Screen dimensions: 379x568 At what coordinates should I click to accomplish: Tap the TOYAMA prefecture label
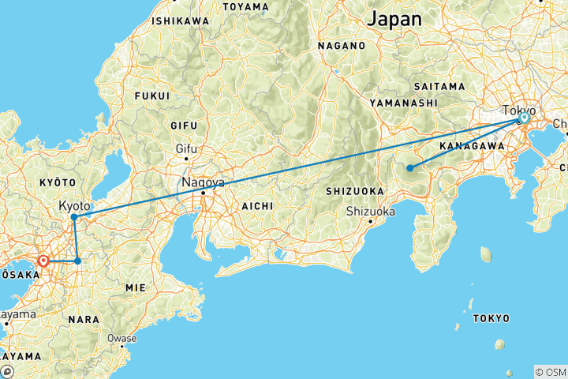tap(245, 6)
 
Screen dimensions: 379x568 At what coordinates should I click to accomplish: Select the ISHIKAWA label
tap(181, 21)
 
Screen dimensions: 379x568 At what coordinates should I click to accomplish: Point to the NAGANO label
tap(342, 46)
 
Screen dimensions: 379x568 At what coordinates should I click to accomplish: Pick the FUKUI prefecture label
tap(152, 96)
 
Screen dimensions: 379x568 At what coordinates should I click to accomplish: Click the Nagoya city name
tap(204, 182)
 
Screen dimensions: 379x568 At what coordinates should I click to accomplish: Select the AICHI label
tap(258, 205)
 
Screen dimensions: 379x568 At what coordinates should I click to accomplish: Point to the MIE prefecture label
tap(136, 288)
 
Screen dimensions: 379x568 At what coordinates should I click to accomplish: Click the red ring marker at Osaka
tap(43, 261)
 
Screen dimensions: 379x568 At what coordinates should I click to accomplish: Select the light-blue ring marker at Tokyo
tap(523, 118)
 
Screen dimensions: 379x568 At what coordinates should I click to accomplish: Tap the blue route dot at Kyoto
tap(73, 216)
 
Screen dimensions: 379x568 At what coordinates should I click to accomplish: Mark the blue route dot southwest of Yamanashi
tap(409, 167)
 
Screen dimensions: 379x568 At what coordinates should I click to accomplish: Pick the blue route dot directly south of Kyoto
tap(77, 261)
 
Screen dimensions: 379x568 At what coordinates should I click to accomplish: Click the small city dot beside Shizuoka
tap(370, 221)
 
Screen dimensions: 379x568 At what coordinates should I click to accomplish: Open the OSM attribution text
tap(550, 371)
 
